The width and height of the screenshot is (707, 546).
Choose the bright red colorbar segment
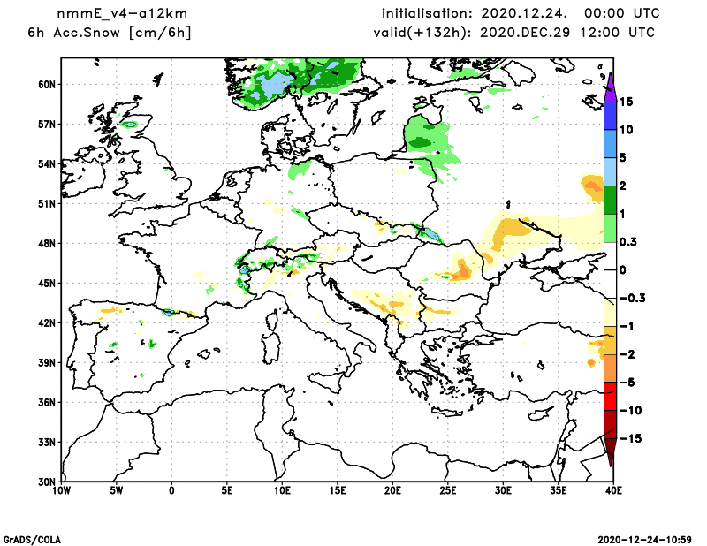(610, 396)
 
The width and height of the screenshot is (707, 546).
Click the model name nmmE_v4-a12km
(112, 14)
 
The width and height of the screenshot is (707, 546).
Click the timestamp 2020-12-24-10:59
(650, 539)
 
